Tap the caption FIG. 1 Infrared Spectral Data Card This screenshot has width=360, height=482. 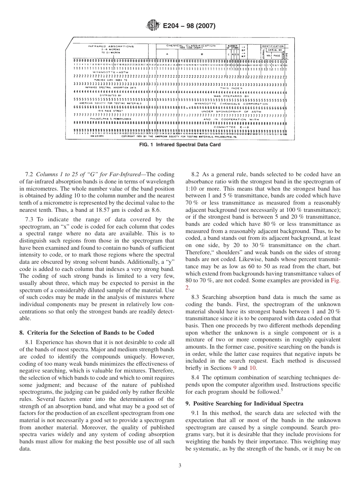[180, 145]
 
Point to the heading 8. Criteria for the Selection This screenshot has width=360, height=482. [86, 333]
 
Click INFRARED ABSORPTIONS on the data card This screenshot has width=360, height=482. [111, 47]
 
